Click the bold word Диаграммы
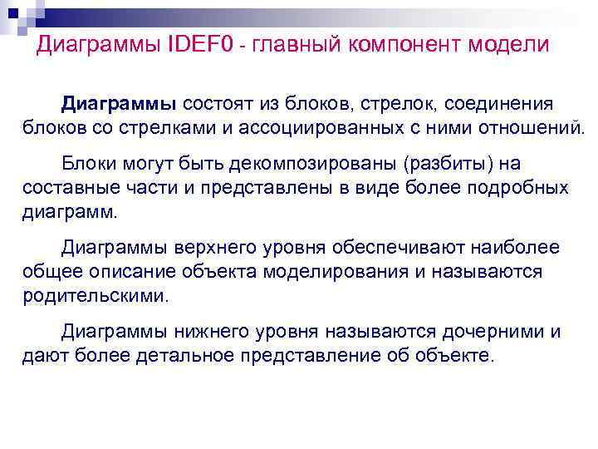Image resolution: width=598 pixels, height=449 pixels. (x=119, y=106)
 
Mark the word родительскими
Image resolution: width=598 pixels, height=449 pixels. (x=95, y=296)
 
